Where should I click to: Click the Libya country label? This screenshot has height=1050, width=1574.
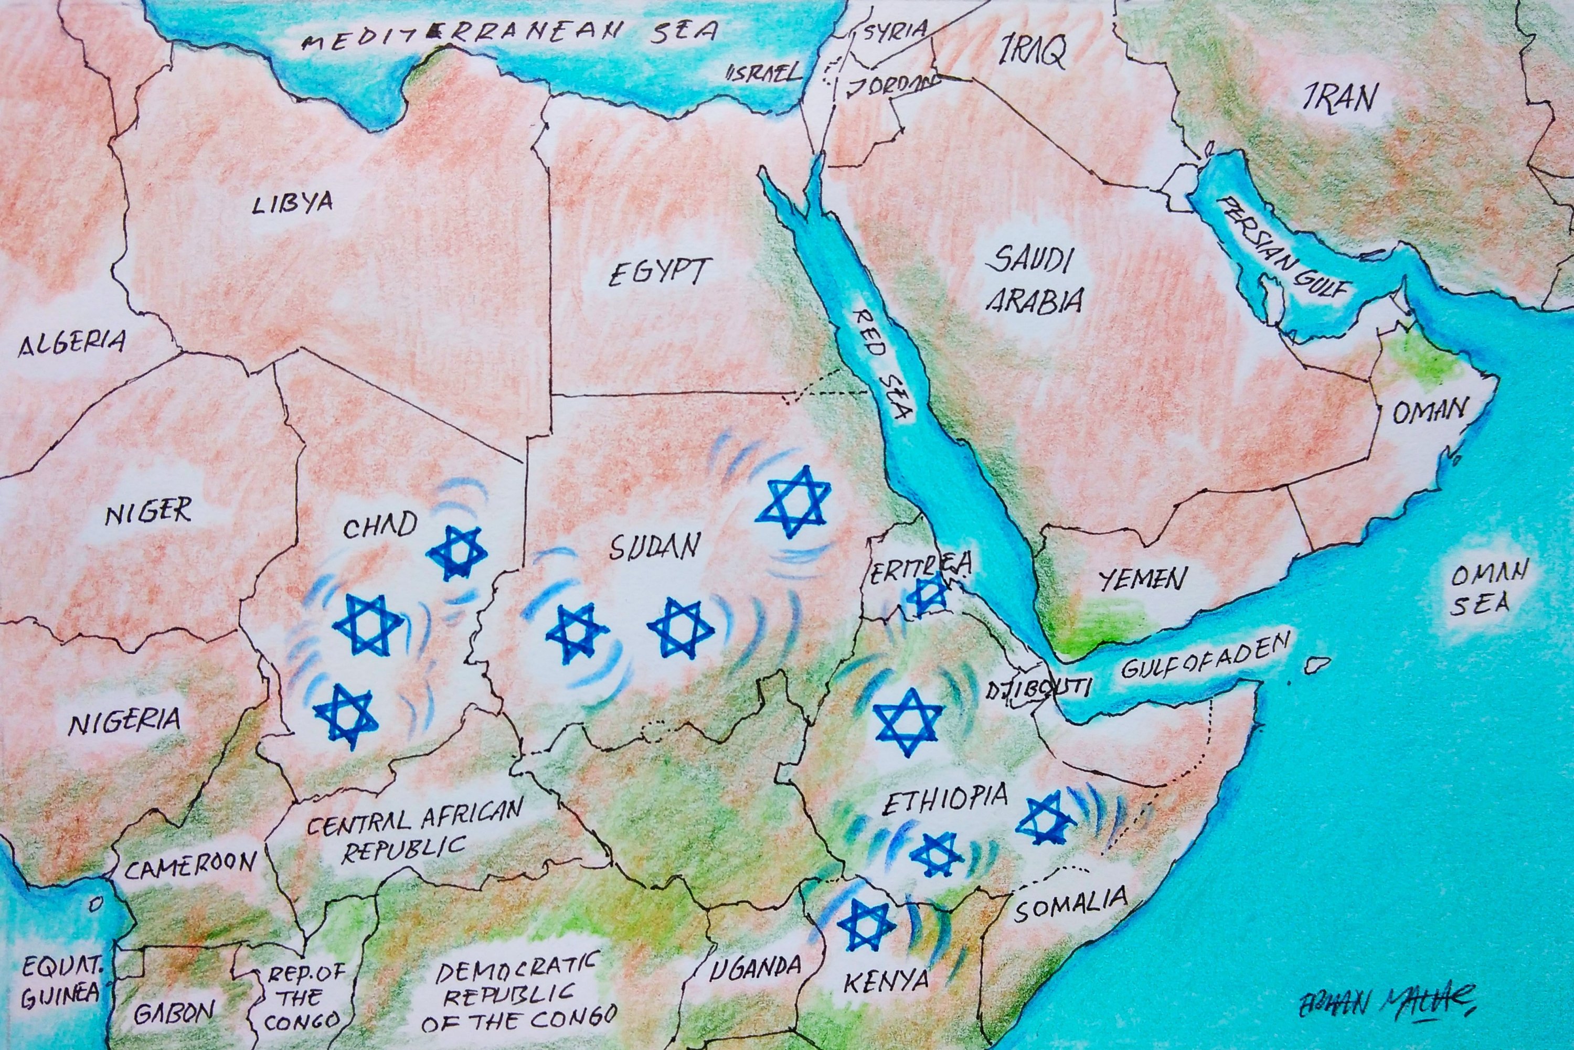coord(292,202)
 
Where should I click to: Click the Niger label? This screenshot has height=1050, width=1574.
coord(148,513)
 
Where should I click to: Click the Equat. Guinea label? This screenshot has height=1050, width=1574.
coord(60,982)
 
